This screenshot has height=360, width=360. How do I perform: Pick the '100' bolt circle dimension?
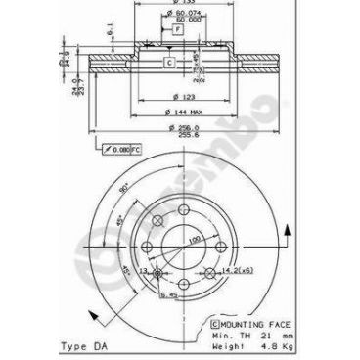point(195,239)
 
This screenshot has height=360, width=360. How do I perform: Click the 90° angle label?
point(124,186)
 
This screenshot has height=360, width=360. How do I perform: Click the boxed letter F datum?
point(177,29)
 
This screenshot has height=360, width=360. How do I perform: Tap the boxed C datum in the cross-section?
point(167,63)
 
